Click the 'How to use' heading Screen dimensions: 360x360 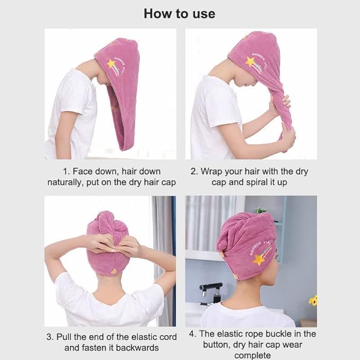tap(179, 14)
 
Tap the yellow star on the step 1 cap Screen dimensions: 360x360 tap(111, 64)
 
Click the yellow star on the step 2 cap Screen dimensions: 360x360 tap(250, 62)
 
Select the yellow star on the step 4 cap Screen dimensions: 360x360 tap(259, 260)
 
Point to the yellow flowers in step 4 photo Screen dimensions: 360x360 tap(313, 300)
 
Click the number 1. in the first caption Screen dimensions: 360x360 tap(66, 171)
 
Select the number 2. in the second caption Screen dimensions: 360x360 tap(194, 171)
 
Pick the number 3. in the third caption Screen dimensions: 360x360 tap(50, 337)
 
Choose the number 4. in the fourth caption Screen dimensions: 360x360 tap(192, 334)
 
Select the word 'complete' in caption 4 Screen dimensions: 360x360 tap(252, 356)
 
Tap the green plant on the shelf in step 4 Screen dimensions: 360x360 tap(261, 210)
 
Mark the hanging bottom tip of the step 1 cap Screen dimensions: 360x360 tap(124, 150)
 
